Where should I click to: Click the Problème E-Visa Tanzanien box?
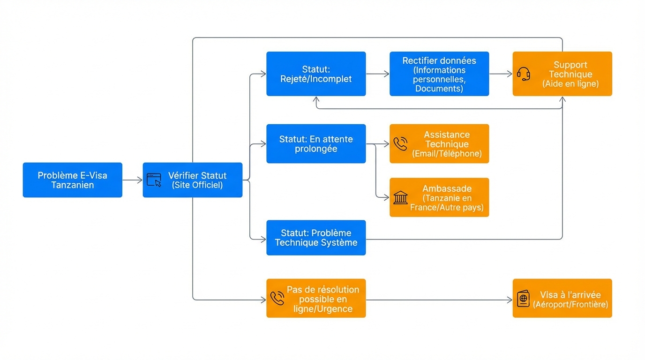tap(72, 180)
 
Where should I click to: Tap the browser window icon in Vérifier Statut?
tap(154, 180)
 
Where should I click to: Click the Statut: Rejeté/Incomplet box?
tap(316, 74)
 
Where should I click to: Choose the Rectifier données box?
tap(439, 74)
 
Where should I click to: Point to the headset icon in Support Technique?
tap(524, 74)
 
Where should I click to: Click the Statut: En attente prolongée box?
tap(316, 144)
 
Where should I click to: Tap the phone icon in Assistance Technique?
tap(400, 144)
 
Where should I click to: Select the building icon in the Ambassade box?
tap(400, 197)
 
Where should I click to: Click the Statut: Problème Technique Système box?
tap(316, 238)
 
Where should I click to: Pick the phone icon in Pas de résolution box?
tap(277, 299)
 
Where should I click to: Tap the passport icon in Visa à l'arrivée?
tap(523, 299)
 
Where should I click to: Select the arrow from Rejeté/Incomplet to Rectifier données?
tap(377, 74)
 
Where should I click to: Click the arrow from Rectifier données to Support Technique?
tap(501, 74)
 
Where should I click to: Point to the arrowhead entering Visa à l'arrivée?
tap(510, 300)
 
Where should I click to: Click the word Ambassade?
tap(447, 188)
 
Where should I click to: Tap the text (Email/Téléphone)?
tap(447, 154)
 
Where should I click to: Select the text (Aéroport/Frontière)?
tap(570, 304)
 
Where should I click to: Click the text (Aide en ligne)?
tap(570, 84)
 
